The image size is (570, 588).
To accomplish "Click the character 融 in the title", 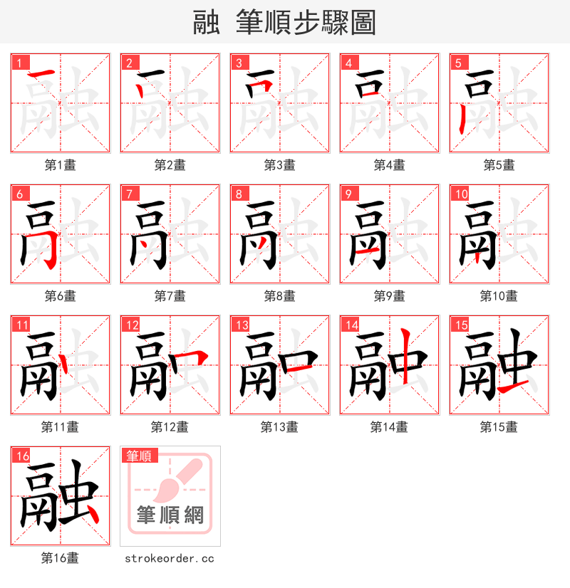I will [x=206, y=23].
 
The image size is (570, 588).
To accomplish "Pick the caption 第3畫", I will [x=279, y=165].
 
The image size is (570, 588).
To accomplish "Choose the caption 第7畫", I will [x=170, y=296].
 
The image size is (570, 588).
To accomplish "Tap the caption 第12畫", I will [x=170, y=427].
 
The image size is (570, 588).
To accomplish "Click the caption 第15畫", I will [x=499, y=427].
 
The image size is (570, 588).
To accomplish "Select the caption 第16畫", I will [x=60, y=558].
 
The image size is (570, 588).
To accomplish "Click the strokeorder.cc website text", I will [x=170, y=559].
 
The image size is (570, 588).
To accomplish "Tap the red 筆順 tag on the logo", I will [x=139, y=456].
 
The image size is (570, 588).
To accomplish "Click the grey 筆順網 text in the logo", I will [x=170, y=515].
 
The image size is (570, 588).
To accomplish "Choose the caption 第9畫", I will [x=389, y=296].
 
